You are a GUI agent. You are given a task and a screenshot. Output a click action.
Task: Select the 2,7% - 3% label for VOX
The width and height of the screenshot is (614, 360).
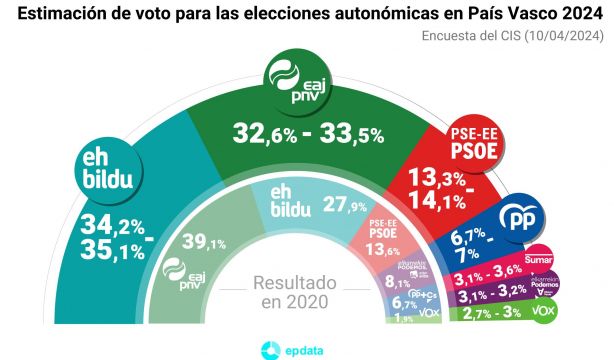tap(487, 314)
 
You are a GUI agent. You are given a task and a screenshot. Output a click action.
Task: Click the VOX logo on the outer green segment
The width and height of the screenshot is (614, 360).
tap(544, 312)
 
